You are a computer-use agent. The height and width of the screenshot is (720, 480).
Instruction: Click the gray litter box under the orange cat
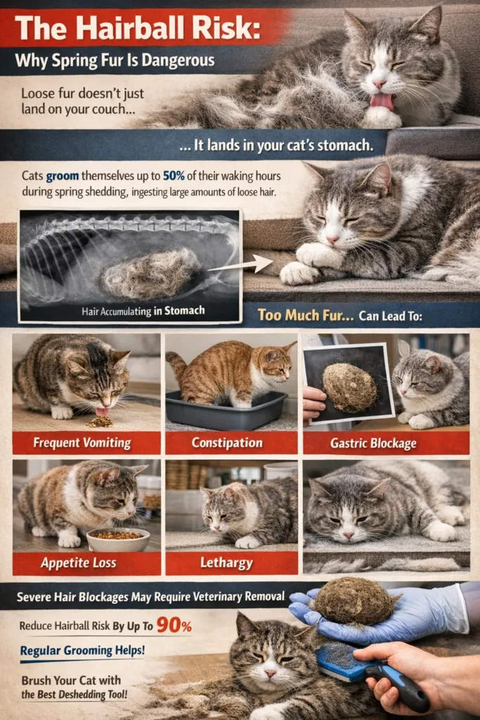226,409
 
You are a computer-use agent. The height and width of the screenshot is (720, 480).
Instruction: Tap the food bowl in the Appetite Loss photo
118,539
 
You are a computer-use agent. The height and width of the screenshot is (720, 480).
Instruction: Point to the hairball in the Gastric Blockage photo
349,387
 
